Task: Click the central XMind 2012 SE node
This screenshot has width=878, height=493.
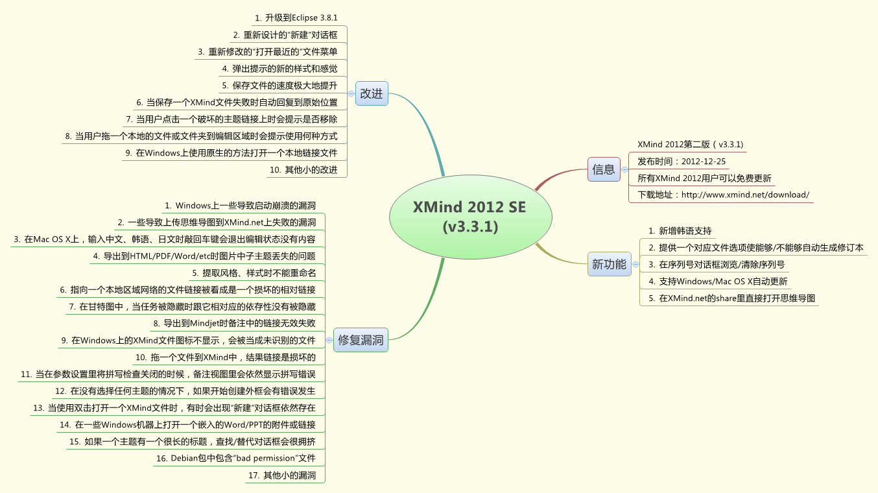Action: [x=470, y=217]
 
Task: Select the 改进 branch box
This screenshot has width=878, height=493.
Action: [x=372, y=93]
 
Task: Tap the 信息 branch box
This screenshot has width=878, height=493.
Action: [x=604, y=169]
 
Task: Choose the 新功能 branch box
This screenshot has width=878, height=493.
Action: [x=609, y=264]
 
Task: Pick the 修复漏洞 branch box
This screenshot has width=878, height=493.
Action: [x=361, y=339]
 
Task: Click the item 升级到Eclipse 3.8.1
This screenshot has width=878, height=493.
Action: [x=296, y=18]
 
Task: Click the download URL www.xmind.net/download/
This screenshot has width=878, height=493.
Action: [x=723, y=195]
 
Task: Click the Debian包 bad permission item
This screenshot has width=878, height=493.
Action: [x=235, y=458]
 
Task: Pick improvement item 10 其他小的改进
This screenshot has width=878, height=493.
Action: [x=303, y=170]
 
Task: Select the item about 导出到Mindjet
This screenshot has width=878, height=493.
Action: [x=234, y=322]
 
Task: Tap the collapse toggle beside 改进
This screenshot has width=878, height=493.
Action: [x=351, y=93]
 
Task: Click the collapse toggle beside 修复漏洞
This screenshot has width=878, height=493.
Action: [x=329, y=339]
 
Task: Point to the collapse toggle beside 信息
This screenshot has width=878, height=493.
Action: [x=624, y=169]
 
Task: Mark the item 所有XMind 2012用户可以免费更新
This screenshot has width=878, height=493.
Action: [x=704, y=178]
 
